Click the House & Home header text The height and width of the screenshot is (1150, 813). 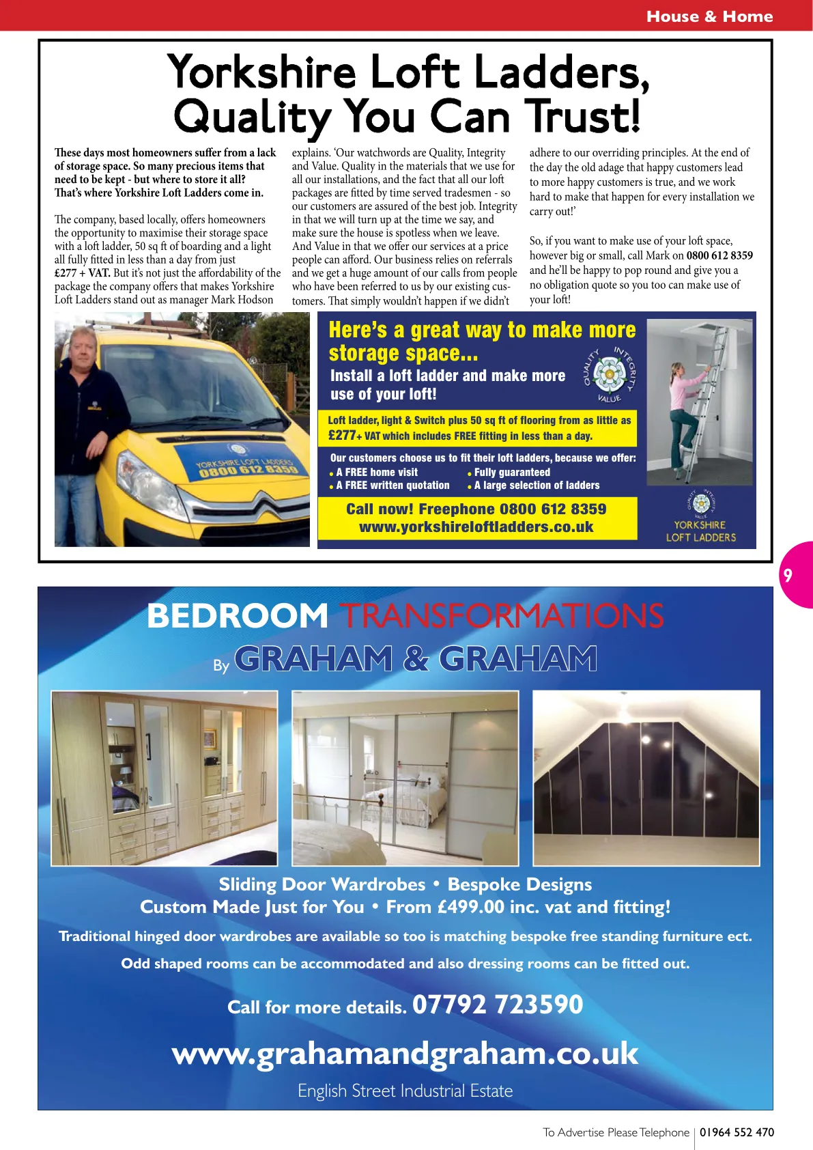coord(709,16)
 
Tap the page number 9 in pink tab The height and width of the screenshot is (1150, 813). coord(788,575)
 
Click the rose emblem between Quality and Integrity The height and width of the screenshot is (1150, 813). coord(609,375)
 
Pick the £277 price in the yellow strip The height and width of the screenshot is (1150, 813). coord(342,436)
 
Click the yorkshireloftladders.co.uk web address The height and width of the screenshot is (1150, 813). coord(476,527)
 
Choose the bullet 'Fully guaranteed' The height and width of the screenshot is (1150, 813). coord(512,473)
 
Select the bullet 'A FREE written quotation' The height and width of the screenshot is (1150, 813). coord(393,486)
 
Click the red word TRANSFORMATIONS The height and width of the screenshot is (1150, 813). coord(502,615)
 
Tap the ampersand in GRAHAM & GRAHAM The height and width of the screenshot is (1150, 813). coord(416,659)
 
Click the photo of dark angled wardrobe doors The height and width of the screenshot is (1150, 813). coord(645,779)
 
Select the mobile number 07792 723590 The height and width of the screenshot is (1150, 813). coord(498,1005)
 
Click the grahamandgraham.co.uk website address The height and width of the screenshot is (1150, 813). coord(405,1054)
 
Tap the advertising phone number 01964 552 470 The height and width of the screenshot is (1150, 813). coord(737,1132)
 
